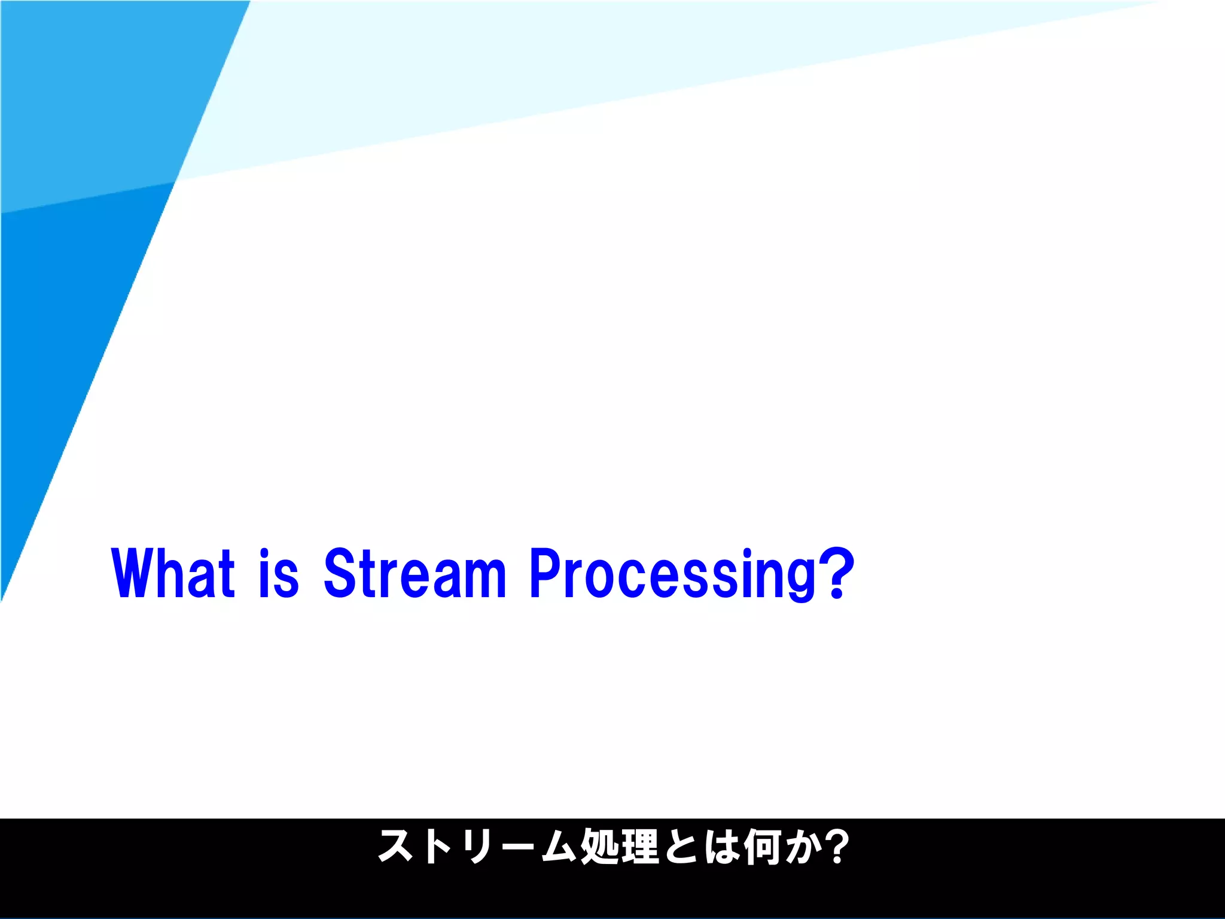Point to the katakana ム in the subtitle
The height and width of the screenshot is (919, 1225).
click(559, 847)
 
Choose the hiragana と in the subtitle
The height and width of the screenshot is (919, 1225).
click(681, 847)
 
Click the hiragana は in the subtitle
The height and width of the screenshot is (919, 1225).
click(722, 847)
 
